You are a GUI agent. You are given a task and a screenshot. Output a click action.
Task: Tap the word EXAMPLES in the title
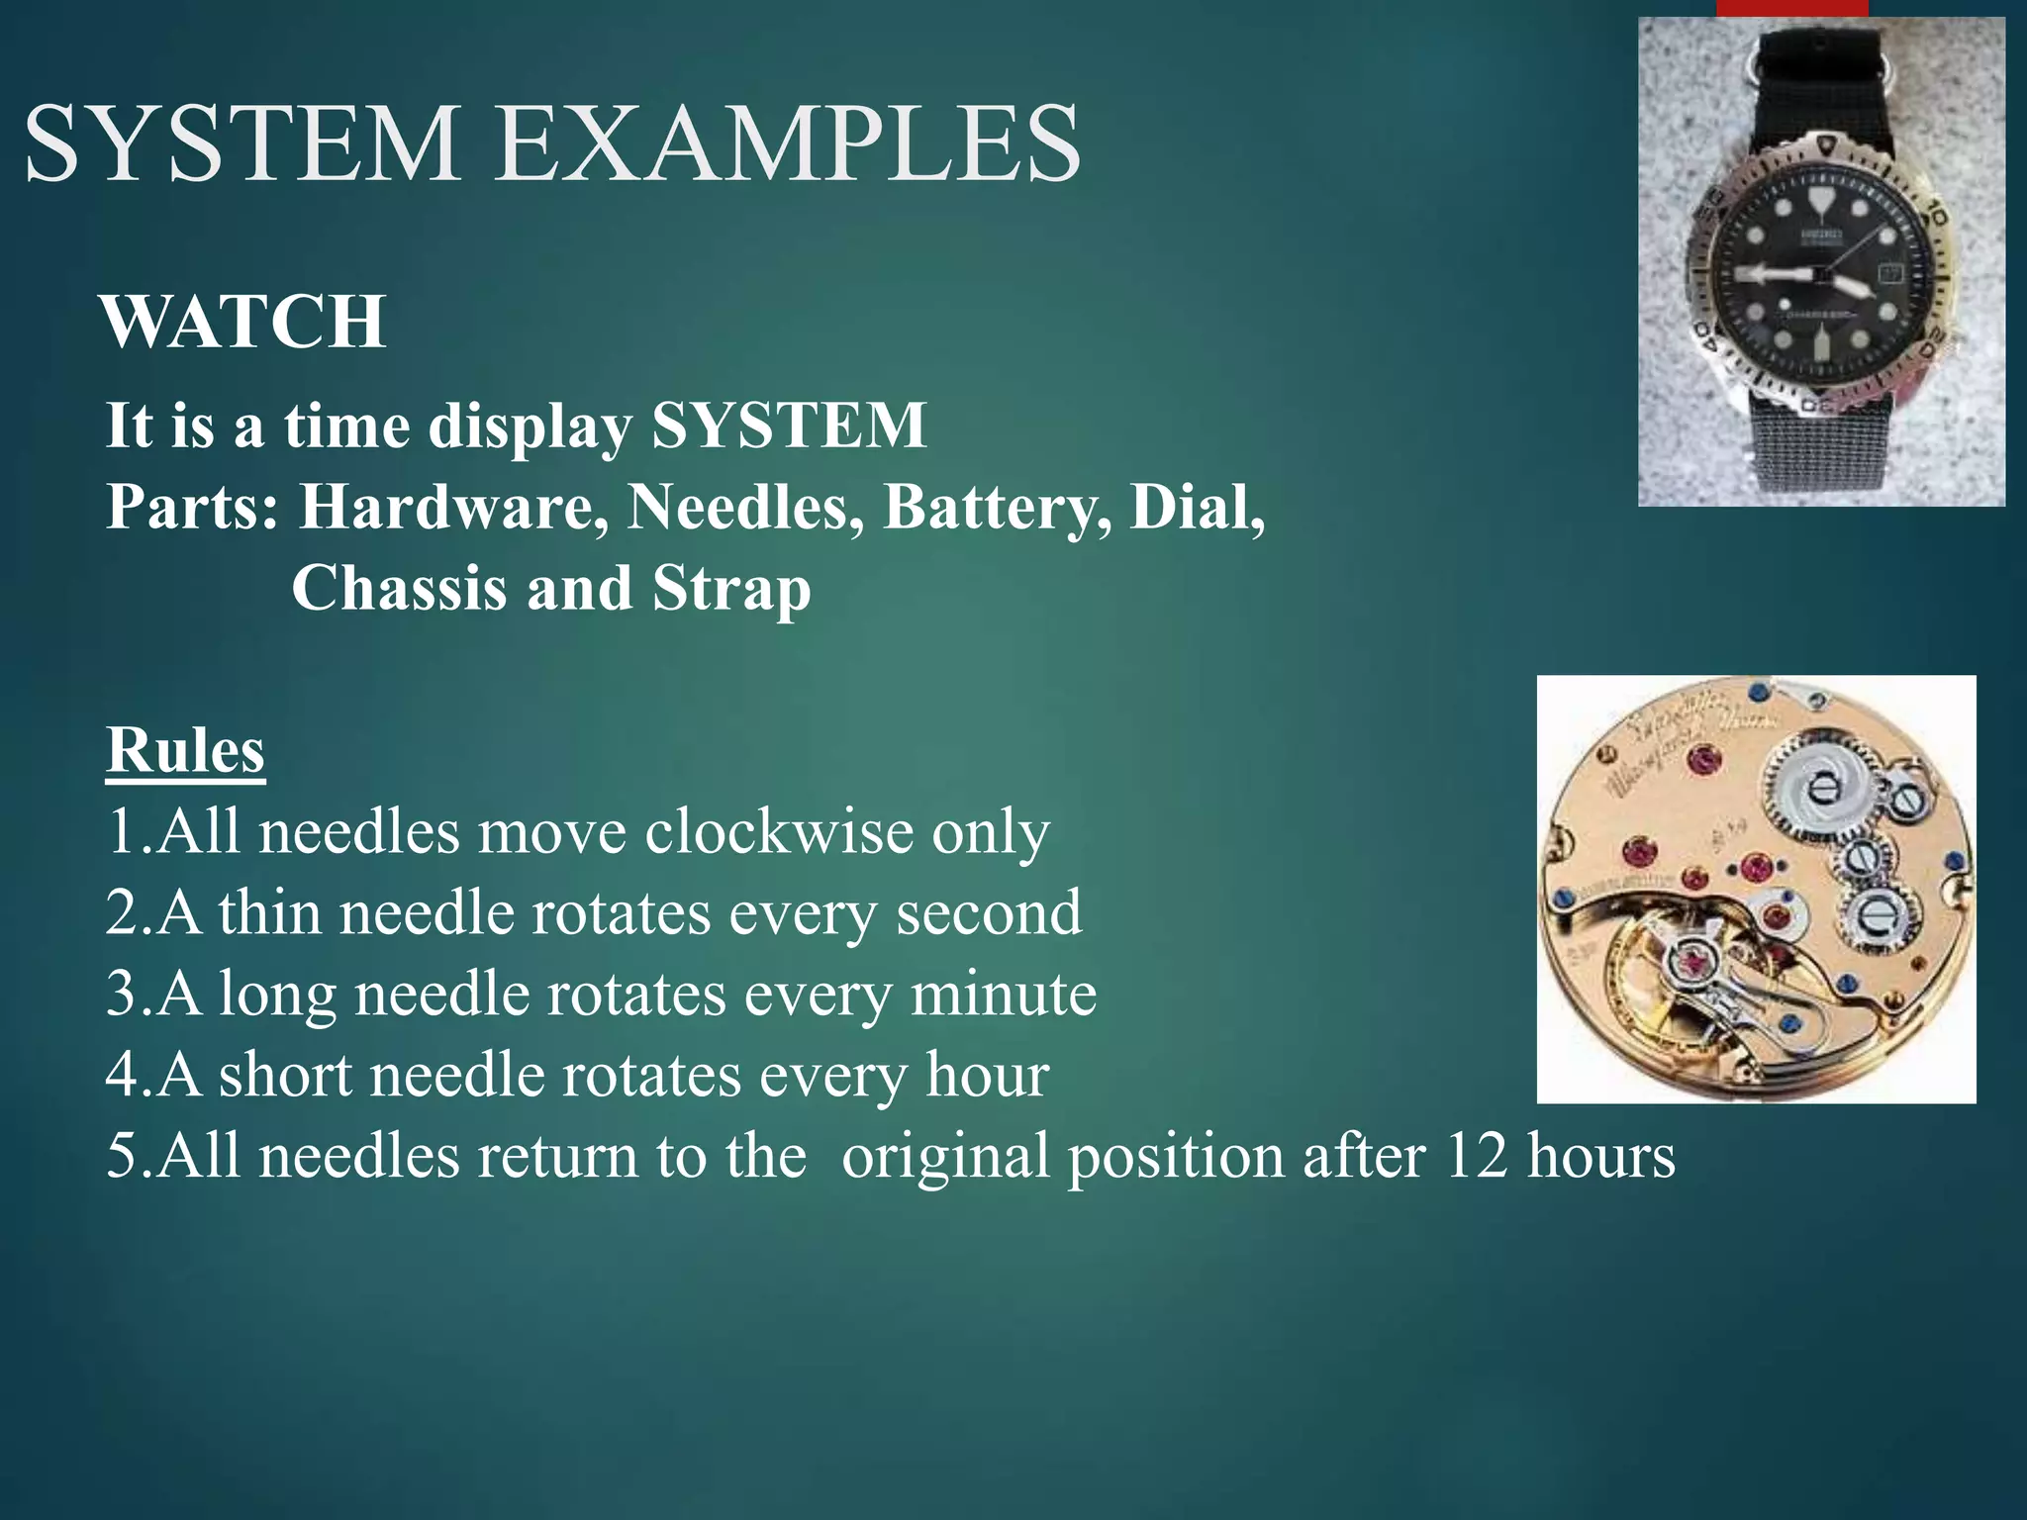pos(788,144)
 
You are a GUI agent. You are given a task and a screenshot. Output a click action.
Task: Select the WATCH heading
pos(243,323)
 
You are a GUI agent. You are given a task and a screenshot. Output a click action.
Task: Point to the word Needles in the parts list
pos(744,508)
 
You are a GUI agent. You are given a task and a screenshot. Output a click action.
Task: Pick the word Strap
pos(731,589)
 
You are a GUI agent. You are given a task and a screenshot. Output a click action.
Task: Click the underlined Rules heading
pos(186,750)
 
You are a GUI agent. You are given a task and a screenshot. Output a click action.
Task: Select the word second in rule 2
pos(989,912)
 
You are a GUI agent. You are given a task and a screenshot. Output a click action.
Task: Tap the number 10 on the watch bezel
pos(1936,214)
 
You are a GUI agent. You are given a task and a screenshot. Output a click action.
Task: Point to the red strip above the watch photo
pos(1791,8)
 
